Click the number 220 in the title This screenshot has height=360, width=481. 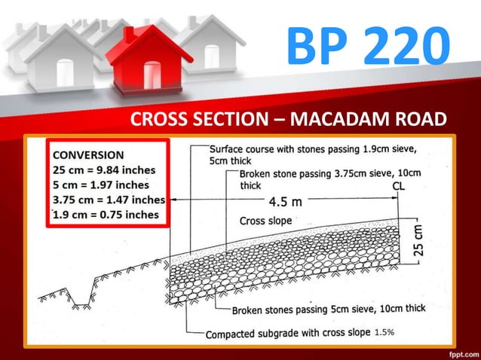[x=397, y=44]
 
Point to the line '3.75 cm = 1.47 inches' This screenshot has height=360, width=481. [x=109, y=200]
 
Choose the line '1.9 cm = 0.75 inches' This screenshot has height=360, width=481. [x=105, y=215]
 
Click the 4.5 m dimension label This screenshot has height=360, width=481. [x=286, y=201]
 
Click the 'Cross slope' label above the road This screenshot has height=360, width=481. [x=265, y=221]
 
